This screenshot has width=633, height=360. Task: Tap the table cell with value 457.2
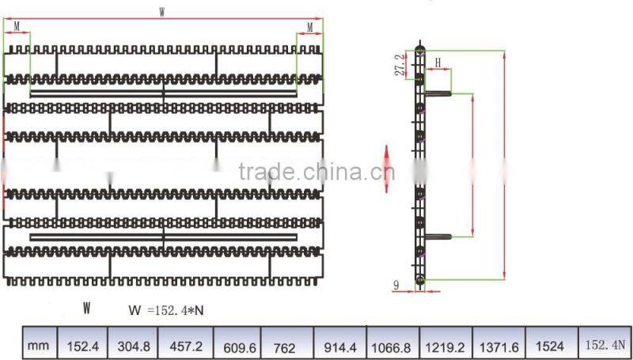(x=185, y=345)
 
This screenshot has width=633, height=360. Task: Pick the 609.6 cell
(x=238, y=345)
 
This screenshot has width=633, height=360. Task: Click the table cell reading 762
(x=286, y=345)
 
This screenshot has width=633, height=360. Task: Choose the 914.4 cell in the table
(x=340, y=345)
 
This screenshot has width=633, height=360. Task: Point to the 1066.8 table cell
(x=393, y=345)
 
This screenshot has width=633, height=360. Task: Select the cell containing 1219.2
(x=445, y=345)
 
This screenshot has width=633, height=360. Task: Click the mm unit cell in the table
(x=38, y=346)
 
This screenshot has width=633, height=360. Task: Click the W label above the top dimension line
(x=162, y=11)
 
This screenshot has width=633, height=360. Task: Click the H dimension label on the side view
(x=437, y=61)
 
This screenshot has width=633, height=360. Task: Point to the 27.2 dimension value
(x=404, y=64)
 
